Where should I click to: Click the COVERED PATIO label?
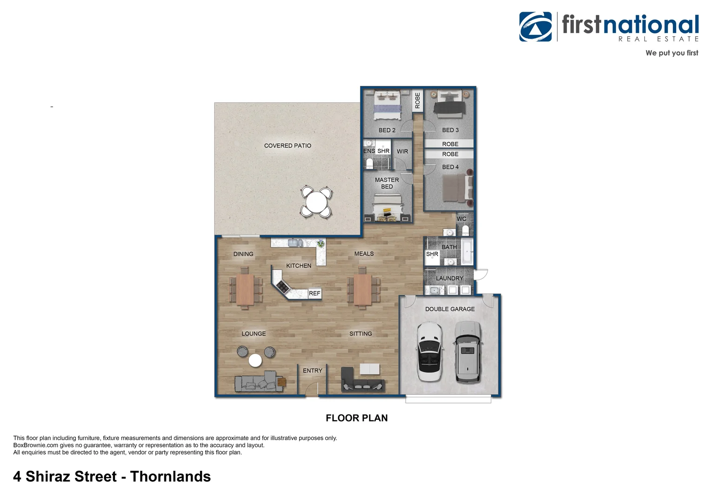(x=288, y=145)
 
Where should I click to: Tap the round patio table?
(x=316, y=202)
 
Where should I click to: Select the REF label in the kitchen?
(x=315, y=293)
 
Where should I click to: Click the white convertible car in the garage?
(x=429, y=351)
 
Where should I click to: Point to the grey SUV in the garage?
(x=467, y=351)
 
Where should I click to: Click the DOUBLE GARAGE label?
(x=449, y=309)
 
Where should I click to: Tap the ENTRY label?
(x=312, y=370)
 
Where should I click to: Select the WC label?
(x=461, y=219)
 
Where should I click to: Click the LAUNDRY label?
(x=449, y=278)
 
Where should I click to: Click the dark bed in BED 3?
(x=449, y=105)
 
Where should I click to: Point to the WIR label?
(x=402, y=152)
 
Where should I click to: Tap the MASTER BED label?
(x=387, y=183)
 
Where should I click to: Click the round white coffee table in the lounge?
(x=255, y=360)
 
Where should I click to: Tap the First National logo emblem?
(x=536, y=27)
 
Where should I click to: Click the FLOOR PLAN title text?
(x=356, y=418)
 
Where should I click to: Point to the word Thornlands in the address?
(x=170, y=476)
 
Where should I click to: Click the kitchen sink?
(x=294, y=243)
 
